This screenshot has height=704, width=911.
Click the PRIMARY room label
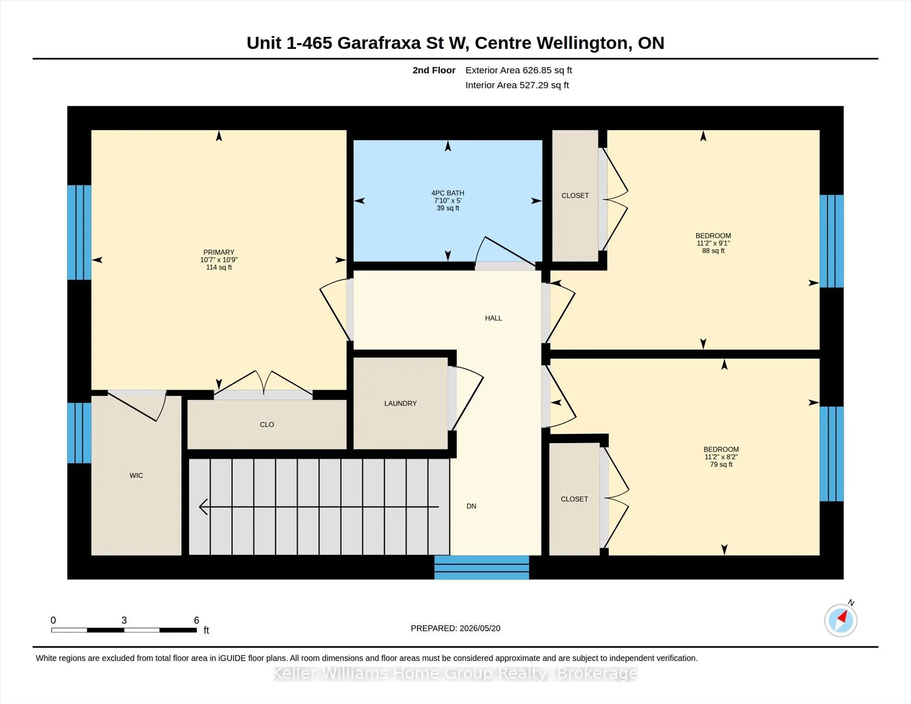click(x=218, y=252)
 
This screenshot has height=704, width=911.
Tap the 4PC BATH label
click(x=447, y=193)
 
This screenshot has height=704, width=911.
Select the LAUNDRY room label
click(x=400, y=403)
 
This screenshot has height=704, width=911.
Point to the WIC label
click(x=136, y=475)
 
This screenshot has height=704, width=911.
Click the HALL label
click(x=493, y=318)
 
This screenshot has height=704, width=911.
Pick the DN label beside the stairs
click(x=472, y=506)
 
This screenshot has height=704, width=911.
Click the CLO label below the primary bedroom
click(x=267, y=425)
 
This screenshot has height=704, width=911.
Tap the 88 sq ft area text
click(x=713, y=251)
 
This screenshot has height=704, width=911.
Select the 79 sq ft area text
click(x=721, y=464)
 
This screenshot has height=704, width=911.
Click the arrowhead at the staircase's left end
click(x=203, y=507)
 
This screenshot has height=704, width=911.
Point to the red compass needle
click(x=842, y=616)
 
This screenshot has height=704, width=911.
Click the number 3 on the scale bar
click(x=124, y=620)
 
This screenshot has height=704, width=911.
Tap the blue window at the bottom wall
click(x=482, y=567)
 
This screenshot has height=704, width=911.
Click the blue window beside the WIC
click(x=80, y=433)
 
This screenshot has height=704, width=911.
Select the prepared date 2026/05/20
click(x=480, y=628)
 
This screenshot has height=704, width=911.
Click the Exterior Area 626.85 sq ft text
click(x=519, y=70)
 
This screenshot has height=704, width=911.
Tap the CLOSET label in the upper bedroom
click(x=575, y=196)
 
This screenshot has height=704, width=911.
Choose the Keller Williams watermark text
click(x=455, y=673)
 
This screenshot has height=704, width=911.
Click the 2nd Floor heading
click(x=434, y=70)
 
